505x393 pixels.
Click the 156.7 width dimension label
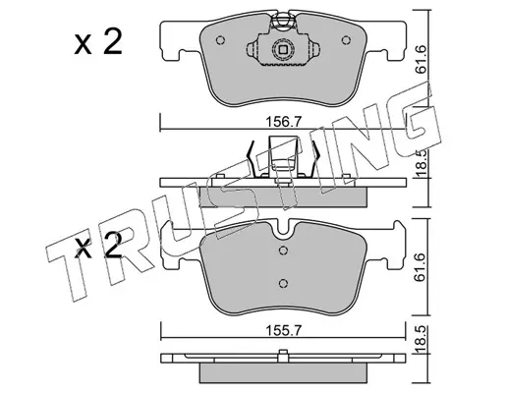283,122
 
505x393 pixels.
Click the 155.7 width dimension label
283,331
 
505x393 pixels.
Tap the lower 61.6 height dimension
421,267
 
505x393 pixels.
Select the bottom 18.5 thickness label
421,340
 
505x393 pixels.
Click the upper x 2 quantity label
97,42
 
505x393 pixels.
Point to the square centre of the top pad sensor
283,50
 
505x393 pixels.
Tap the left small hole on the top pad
220,40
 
